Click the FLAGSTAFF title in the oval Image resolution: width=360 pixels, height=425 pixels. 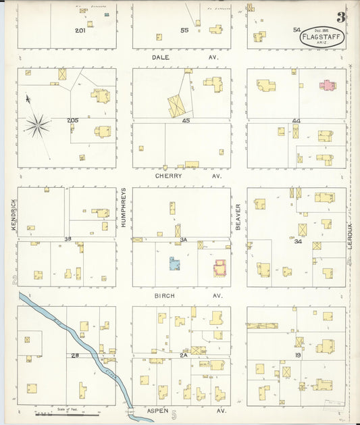[x=322, y=37]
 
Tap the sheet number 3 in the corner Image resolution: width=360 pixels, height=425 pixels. [x=341, y=17]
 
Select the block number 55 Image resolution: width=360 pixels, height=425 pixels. [x=184, y=30]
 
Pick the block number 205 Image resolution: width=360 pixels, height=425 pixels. [x=72, y=120]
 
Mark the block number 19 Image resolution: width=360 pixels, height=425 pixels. [x=297, y=354]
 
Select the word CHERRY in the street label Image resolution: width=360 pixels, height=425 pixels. [x=168, y=176]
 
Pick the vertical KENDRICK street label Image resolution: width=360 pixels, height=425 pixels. [x=13, y=216]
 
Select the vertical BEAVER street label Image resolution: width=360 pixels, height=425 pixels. [x=238, y=216]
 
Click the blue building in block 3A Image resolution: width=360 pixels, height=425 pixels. [x=174, y=264]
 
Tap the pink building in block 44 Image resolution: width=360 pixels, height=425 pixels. [x=327, y=86]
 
